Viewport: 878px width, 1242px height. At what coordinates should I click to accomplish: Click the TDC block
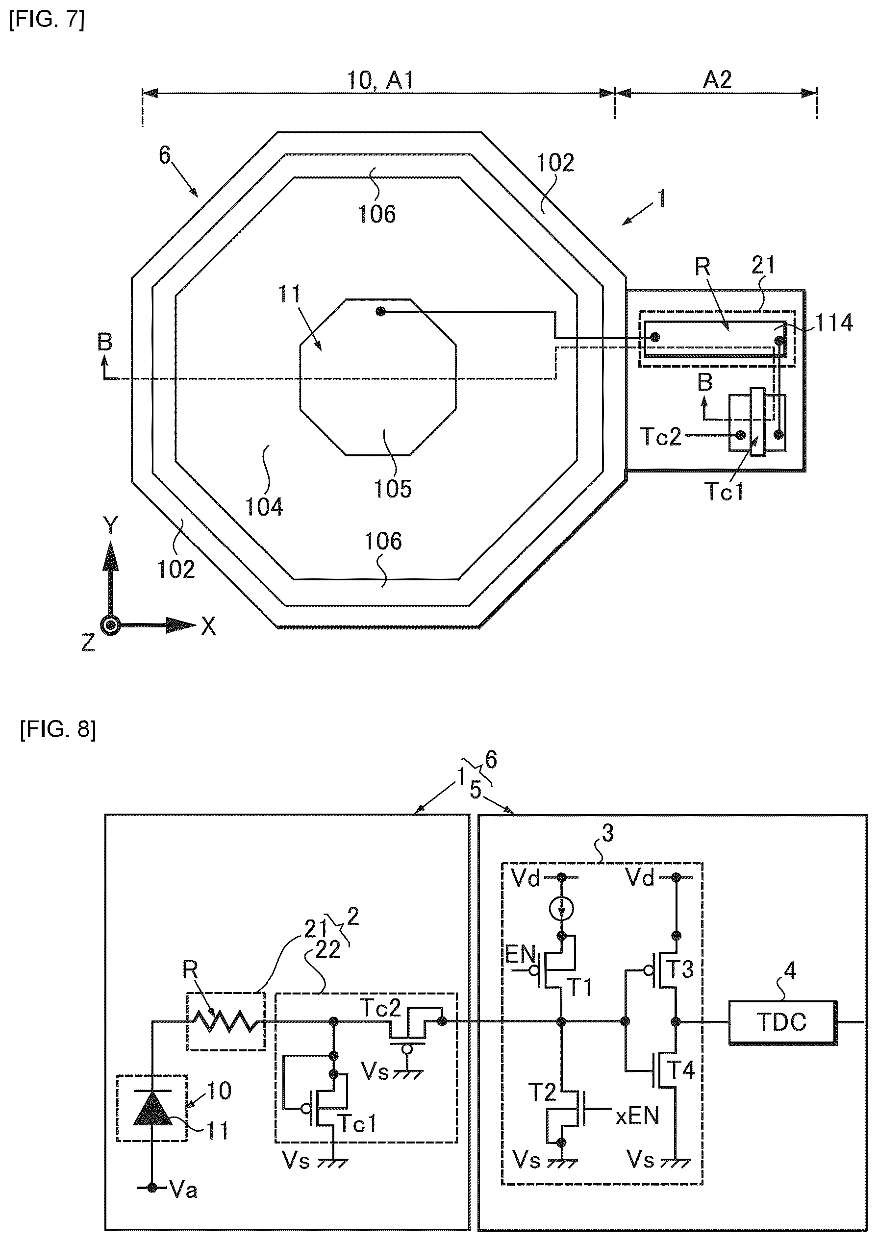point(782,1022)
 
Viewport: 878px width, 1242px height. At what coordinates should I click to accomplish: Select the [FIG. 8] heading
point(58,730)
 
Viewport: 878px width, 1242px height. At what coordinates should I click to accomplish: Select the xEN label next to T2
point(637,1116)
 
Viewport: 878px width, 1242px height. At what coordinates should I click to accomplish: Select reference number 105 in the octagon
point(393,489)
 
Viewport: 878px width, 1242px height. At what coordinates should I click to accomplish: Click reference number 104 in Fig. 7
point(264,507)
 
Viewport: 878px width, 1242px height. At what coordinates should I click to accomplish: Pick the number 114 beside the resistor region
point(834,323)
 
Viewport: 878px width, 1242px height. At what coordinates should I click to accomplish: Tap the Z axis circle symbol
point(111,625)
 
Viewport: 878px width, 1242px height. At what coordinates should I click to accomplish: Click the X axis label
point(208,626)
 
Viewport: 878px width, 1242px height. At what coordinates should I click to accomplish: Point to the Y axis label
point(110,525)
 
